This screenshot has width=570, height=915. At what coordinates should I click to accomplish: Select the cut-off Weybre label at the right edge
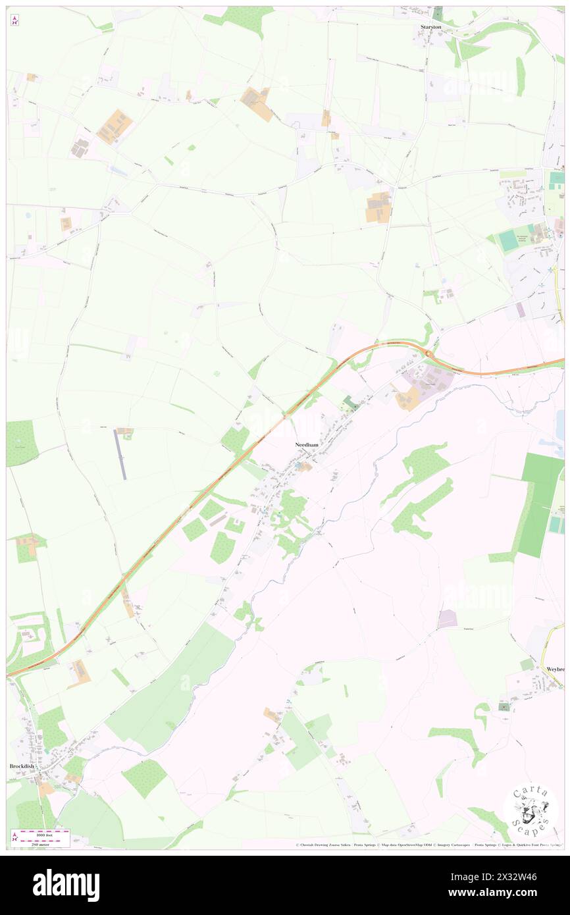pyautogui.click(x=555, y=668)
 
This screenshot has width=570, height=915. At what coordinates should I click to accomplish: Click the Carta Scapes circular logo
pyautogui.click(x=531, y=810)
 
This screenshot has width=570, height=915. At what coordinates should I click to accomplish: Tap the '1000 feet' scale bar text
pyautogui.click(x=43, y=832)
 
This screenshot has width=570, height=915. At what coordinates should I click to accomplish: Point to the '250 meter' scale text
pyautogui.click(x=43, y=843)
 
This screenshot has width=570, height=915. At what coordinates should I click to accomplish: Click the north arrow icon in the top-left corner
pyautogui.click(x=15, y=21)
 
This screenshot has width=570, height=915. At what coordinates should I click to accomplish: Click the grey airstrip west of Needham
pyautogui.click(x=121, y=454)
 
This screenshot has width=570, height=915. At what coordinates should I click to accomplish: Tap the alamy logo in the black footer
pyautogui.click(x=66, y=885)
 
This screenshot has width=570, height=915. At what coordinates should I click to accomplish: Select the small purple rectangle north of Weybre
pyautogui.click(x=448, y=618)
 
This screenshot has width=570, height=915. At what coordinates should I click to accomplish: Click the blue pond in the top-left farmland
pyautogui.click(x=119, y=170)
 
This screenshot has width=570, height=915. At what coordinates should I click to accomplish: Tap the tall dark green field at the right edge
pyautogui.click(x=540, y=504)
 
